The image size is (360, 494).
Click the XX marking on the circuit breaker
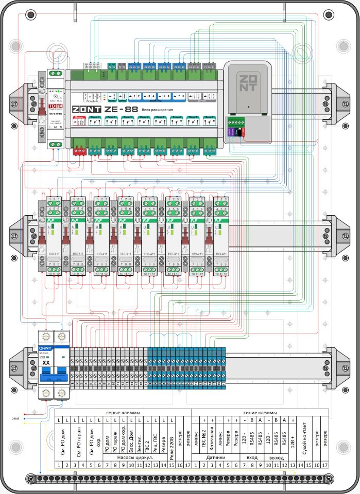[x=45, y=363]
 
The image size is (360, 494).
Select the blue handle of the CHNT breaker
[x=54, y=377]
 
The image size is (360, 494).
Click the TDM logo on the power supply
[x=54, y=107]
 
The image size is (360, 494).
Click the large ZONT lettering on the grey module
[x=247, y=81]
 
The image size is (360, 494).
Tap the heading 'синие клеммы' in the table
[x=261, y=413]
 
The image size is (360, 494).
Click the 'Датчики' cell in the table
[x=216, y=457]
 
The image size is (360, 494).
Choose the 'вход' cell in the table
[x=252, y=457]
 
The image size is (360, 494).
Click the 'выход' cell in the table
[x=277, y=457]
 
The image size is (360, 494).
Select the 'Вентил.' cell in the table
[x=139, y=438]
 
